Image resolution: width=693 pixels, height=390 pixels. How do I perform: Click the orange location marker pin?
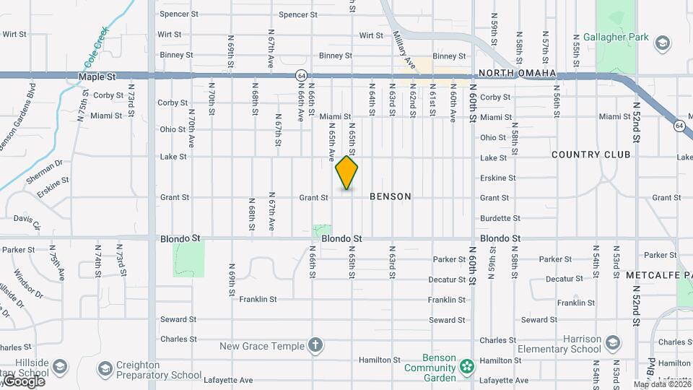pyautogui.click(x=346, y=173)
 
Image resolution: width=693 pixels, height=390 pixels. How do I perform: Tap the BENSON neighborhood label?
pyautogui.click(x=391, y=196)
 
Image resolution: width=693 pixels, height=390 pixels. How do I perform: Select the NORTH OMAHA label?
pyautogui.click(x=518, y=74)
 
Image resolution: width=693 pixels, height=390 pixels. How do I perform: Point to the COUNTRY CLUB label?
pyautogui.click(x=590, y=155)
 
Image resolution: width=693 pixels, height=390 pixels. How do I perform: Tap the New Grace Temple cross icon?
pyautogui.click(x=315, y=345)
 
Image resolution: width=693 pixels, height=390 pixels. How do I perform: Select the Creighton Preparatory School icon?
pyautogui.click(x=105, y=369)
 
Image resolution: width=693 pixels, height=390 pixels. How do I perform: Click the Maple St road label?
pyautogui.click(x=97, y=76)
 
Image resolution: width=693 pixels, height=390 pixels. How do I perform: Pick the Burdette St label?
pyautogui.click(x=498, y=218)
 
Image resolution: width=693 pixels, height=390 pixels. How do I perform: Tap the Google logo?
pyautogui.click(x=23, y=381)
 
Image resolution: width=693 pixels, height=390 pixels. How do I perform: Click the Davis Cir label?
pyautogui.click(x=27, y=221)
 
